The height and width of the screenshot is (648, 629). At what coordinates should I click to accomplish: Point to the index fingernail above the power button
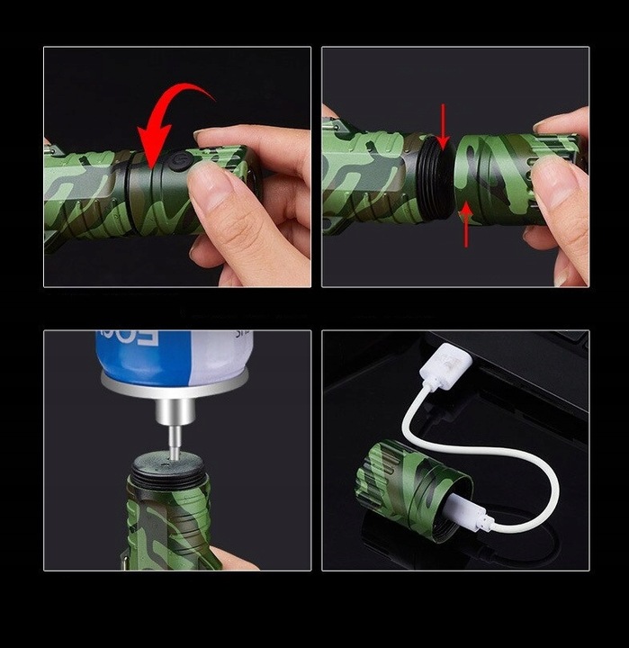tap(209, 136)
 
